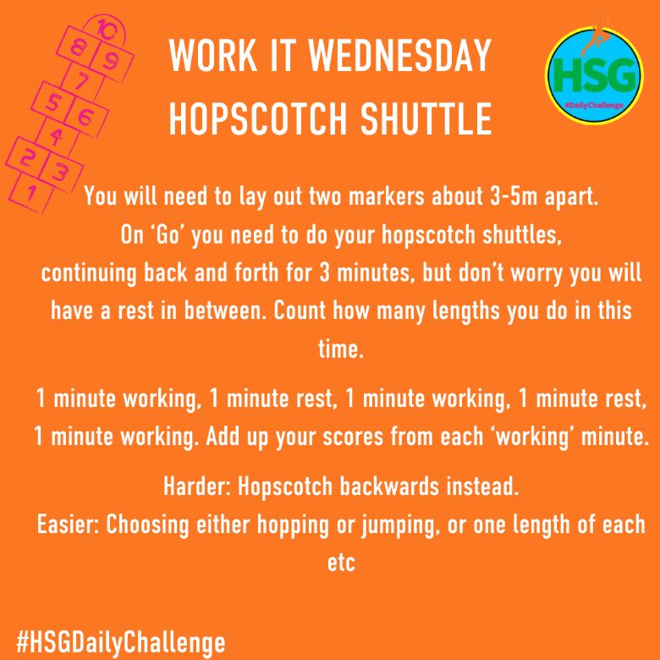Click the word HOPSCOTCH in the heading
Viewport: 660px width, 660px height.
(257, 118)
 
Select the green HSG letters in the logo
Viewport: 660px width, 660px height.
(594, 75)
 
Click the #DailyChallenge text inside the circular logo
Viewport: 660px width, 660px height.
(594, 105)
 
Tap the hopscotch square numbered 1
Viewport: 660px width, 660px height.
(30, 194)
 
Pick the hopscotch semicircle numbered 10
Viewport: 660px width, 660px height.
(105, 31)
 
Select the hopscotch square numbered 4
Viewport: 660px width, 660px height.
(57, 135)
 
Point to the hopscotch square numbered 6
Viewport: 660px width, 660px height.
(85, 116)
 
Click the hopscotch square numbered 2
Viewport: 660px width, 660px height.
(25, 159)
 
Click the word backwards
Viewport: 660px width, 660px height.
(389, 487)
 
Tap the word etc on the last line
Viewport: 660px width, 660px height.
(341, 564)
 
